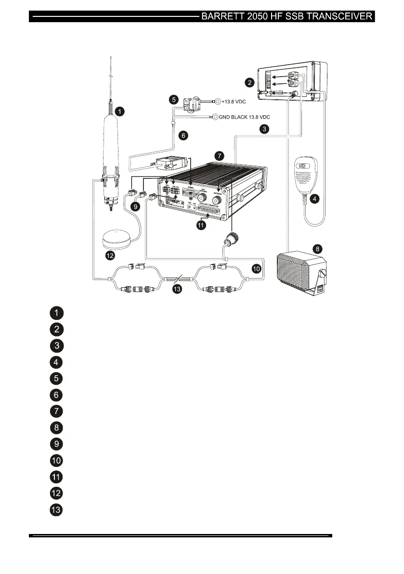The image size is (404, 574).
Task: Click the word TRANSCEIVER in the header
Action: tap(339, 16)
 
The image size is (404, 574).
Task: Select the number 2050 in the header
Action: tap(261, 16)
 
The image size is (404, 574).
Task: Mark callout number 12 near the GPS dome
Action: tap(110, 255)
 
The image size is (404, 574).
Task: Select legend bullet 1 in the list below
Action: tap(56, 313)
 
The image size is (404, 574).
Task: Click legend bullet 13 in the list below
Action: tap(56, 510)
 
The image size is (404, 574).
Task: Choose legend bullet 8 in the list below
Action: tap(56, 427)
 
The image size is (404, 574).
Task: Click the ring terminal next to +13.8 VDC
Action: tap(217, 102)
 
